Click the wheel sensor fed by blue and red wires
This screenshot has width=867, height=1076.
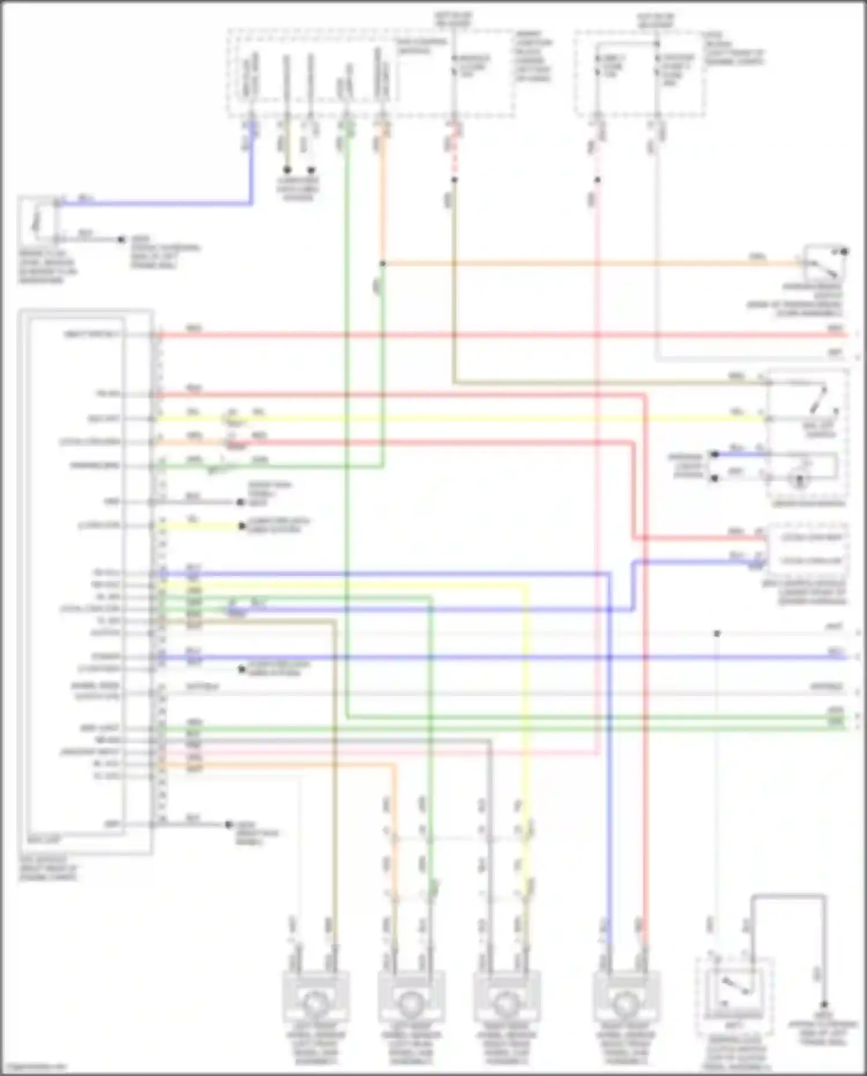[x=624, y=1003]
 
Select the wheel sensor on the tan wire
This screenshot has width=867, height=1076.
[x=314, y=1003]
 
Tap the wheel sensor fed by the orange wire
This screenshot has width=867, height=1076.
[x=410, y=1003]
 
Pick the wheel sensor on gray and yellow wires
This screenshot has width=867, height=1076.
[x=506, y=1003]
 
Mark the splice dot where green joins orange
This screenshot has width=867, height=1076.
[x=382, y=264]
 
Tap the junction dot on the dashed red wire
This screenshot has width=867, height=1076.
[x=454, y=180]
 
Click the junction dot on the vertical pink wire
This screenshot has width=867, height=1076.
[x=597, y=180]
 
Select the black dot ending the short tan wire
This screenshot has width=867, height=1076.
[x=287, y=170]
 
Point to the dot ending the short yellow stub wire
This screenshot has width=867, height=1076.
[x=242, y=526]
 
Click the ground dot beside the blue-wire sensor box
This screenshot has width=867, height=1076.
[x=121, y=239]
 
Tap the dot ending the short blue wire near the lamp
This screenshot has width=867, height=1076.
[x=715, y=454]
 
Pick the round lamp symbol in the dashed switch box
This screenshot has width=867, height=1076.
[x=800, y=480]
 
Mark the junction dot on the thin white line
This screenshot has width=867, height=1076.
[x=717, y=634]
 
